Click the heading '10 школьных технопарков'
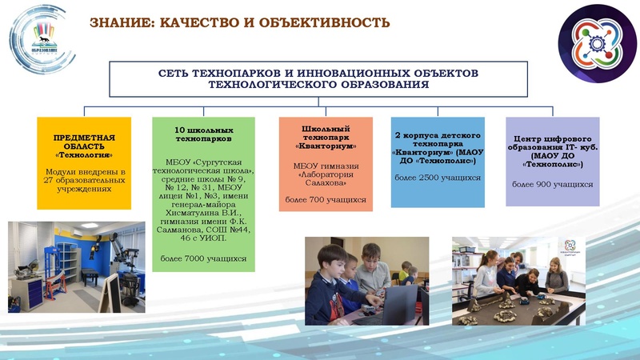click(203, 134)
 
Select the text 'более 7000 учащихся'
click(203, 258)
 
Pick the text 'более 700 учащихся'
click(325, 198)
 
